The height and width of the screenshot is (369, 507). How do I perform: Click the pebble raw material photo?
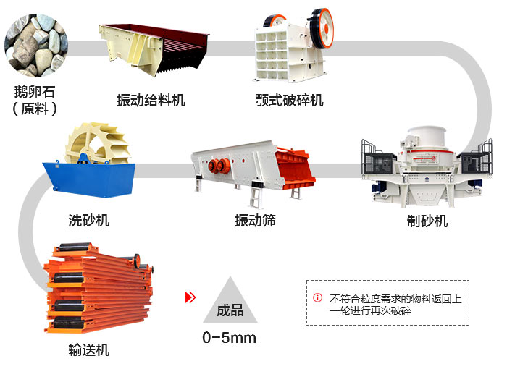(36, 46)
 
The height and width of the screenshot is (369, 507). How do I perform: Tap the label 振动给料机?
(151, 100)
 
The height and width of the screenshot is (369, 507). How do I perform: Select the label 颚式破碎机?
(289, 100)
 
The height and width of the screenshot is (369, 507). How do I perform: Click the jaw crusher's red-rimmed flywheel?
(321, 27)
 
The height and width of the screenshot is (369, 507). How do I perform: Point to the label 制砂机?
(427, 221)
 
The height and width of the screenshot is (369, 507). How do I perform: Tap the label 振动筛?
(255, 221)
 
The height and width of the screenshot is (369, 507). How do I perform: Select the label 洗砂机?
(88, 221)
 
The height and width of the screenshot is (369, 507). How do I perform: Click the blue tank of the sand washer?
(90, 179)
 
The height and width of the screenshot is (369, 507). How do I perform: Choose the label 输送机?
(88, 350)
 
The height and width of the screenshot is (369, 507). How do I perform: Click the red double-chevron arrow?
(190, 297)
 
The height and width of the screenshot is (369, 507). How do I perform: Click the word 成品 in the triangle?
(230, 310)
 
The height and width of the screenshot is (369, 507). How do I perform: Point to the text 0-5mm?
(230, 338)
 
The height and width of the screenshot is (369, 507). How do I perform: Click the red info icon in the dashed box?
(317, 297)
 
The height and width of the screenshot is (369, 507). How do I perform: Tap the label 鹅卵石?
(35, 92)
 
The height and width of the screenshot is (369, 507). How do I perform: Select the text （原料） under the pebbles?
(35, 109)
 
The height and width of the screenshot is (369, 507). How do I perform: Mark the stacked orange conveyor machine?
(99, 288)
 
